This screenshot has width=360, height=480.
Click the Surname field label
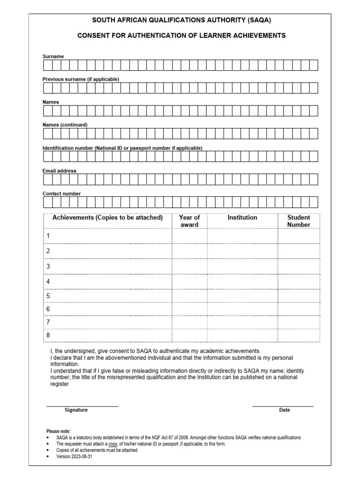53,56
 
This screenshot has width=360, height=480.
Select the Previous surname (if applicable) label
81,79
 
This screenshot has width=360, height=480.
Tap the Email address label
60,171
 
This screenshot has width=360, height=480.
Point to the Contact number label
61,194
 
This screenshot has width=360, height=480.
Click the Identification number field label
122,148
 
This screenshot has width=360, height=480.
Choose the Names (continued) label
65,125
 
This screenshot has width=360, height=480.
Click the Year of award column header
189,221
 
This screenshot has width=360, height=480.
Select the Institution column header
242,217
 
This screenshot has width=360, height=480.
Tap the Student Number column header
299,221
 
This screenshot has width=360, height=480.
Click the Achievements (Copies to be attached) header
107,217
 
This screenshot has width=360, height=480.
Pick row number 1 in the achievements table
48,236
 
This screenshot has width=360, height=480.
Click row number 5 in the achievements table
48,296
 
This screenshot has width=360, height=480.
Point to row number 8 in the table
48,335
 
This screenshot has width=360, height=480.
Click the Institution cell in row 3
242,266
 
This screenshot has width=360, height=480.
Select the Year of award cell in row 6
189,309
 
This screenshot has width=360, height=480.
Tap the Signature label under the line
76,410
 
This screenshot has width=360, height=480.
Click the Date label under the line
285,410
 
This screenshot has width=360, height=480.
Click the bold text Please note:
58,431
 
